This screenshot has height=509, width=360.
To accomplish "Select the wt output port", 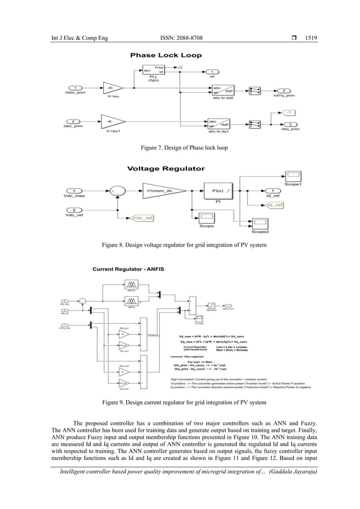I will (x=212, y=72).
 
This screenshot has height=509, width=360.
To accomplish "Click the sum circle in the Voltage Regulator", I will (x=117, y=191).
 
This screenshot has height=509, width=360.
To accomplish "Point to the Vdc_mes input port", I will (x=76, y=190).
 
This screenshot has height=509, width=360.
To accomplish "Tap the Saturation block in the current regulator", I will (x=212, y=305).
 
